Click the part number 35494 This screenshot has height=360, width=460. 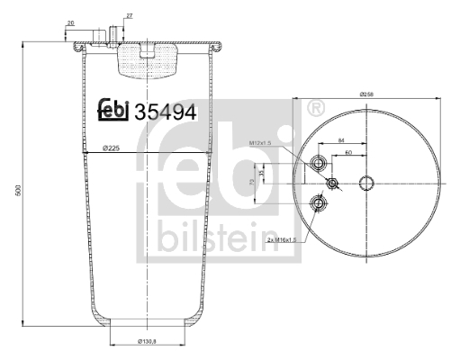165,111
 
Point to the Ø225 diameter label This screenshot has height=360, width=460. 112,148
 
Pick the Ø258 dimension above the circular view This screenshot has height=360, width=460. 365,94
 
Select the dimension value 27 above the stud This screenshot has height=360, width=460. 129,16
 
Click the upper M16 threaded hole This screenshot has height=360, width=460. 318,163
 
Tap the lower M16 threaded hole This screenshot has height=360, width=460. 318,203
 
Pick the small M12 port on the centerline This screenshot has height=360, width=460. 333,184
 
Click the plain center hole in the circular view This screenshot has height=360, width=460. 366,184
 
